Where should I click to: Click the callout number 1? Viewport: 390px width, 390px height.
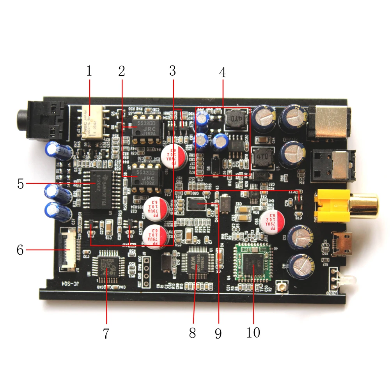point(89,71)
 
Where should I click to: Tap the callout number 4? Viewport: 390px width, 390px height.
point(222,73)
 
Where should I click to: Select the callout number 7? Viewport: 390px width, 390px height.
point(106,333)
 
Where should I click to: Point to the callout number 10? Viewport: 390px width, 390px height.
point(253,333)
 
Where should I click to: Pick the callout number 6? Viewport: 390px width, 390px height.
point(20,250)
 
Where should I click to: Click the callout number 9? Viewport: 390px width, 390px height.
point(218,333)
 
